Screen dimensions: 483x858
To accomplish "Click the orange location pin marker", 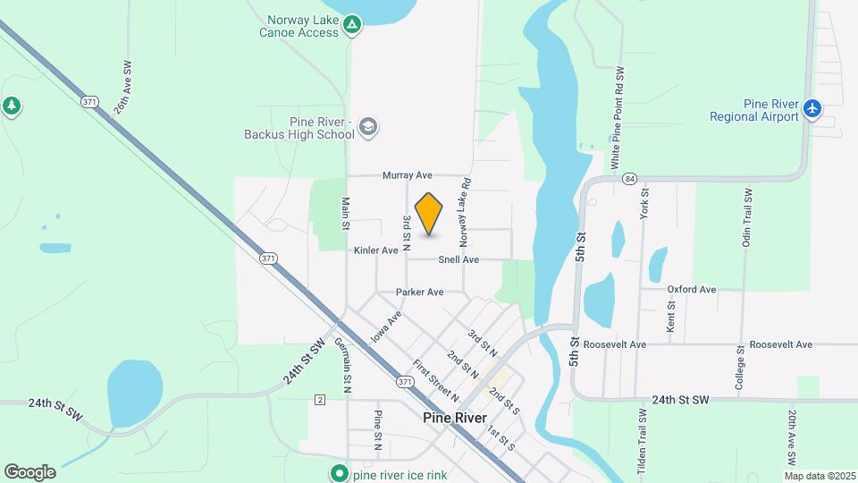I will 429,214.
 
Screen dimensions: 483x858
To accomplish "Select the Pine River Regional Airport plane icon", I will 812,109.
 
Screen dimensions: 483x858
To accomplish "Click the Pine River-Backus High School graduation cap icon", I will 368,129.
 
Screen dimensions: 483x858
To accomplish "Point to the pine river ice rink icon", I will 339,474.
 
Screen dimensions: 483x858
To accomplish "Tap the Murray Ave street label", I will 408,175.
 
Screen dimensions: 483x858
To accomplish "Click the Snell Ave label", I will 458,259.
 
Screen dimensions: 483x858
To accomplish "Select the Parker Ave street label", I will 420,292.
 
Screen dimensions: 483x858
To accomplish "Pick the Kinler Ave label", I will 375,250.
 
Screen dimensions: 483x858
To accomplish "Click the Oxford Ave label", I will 692,290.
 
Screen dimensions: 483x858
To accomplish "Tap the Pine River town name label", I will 456,418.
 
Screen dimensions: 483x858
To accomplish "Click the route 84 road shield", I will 630,179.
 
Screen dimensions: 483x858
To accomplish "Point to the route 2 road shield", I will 319,398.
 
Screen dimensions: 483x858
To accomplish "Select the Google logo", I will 29,472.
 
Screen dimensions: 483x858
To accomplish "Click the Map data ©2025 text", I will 819,475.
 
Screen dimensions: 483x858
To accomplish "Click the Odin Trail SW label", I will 747,218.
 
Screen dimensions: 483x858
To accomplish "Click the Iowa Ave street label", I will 387,326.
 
